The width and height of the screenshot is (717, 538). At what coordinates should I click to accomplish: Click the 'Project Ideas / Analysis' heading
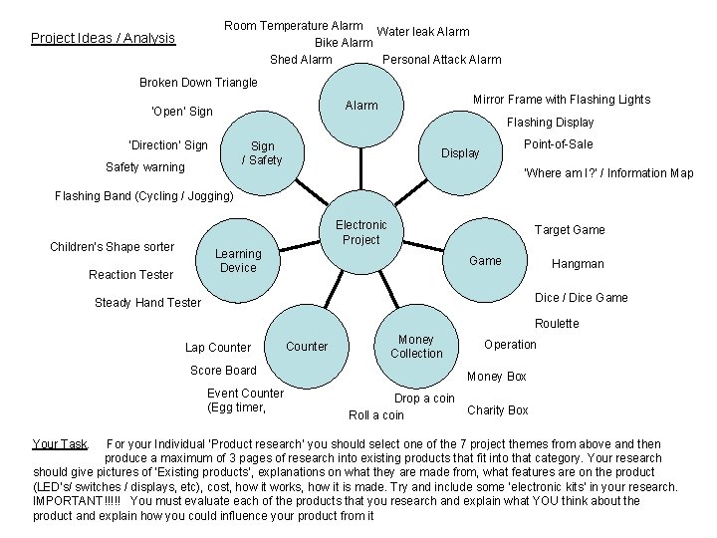(x=103, y=39)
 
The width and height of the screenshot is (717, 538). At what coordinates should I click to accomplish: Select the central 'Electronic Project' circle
(x=360, y=232)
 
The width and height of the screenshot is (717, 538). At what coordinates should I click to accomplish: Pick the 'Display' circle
(x=460, y=153)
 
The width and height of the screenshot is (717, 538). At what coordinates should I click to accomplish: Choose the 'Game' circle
(x=485, y=261)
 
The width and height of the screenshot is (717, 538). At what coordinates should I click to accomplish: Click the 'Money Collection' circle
(x=416, y=347)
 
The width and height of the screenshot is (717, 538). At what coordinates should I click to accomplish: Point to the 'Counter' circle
(x=307, y=347)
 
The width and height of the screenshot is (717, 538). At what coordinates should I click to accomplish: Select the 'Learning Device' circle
(x=238, y=261)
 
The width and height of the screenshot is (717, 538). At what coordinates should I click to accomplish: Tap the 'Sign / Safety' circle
(x=262, y=153)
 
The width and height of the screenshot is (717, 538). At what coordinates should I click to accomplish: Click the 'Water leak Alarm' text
(x=423, y=32)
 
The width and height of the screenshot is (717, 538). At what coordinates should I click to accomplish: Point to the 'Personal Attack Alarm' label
(x=442, y=60)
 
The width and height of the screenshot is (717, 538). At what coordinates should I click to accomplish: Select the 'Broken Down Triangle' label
(x=198, y=83)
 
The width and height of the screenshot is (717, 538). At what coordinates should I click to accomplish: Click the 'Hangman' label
(x=578, y=264)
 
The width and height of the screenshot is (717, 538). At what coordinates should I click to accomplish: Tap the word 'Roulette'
(x=557, y=324)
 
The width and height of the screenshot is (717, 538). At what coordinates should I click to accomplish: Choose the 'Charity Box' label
(x=498, y=410)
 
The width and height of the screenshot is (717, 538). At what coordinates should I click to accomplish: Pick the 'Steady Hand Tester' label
(x=147, y=303)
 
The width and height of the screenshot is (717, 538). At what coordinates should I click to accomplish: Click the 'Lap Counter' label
(x=218, y=348)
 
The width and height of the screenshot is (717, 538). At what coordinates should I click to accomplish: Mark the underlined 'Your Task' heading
(x=60, y=444)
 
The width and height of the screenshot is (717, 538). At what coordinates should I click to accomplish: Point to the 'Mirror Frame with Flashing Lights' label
(x=561, y=100)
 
